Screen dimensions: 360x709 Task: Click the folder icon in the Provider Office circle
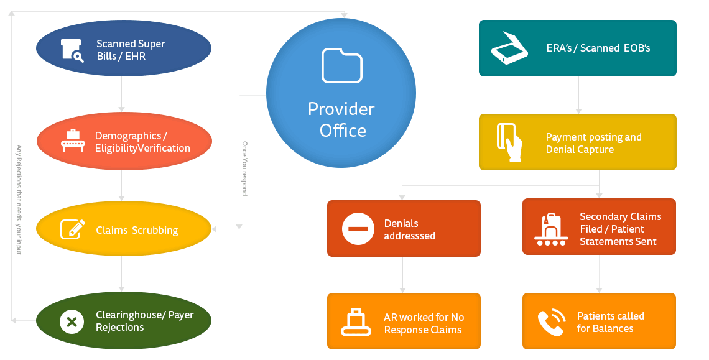[341, 65]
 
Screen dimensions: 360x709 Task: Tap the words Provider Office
[341, 119]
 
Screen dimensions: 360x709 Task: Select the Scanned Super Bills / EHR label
[131, 50]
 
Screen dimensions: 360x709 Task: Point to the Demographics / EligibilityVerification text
[142, 142]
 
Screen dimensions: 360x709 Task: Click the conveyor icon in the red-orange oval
[73, 141]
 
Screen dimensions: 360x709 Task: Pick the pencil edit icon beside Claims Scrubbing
[72, 229]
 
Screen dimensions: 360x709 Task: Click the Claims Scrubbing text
[137, 230]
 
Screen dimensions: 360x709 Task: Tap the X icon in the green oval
[72, 321]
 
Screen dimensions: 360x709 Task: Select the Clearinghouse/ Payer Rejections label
[144, 321]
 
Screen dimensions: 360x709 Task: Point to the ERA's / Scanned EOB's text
[598, 48]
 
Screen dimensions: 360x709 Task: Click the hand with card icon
[509, 142]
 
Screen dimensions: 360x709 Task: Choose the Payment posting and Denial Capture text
[593, 143]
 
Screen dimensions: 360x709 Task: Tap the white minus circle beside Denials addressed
[358, 229]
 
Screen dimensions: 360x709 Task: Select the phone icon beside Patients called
[551, 321]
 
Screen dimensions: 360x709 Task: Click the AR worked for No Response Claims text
[424, 323]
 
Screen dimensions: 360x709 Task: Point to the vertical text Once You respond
[244, 168]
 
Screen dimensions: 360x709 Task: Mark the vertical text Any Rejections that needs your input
[19, 200]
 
